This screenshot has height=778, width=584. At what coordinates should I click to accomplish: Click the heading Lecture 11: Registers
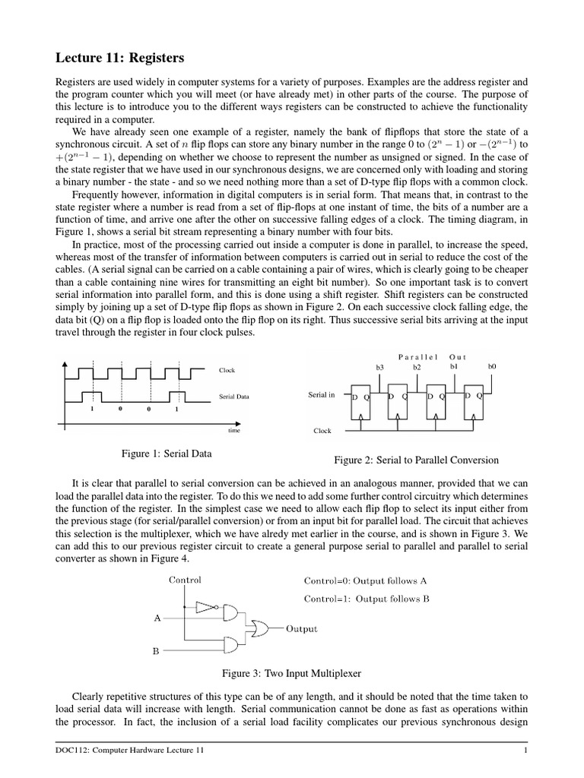(x=120, y=58)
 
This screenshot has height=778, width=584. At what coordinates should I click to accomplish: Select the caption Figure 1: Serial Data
(x=167, y=454)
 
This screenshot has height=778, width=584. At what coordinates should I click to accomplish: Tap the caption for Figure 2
(x=417, y=460)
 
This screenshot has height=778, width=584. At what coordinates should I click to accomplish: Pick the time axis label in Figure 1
(x=234, y=430)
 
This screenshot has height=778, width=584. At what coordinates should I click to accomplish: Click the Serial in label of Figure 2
(x=321, y=395)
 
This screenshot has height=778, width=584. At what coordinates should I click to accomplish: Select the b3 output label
(x=380, y=367)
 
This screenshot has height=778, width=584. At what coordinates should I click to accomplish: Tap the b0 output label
(x=491, y=366)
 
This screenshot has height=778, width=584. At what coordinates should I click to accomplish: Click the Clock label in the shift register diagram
(x=322, y=431)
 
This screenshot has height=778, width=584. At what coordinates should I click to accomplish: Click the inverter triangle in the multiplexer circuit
(x=205, y=607)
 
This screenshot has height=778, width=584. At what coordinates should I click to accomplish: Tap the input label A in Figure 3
(x=157, y=618)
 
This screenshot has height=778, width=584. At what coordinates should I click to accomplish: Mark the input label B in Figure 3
(x=157, y=651)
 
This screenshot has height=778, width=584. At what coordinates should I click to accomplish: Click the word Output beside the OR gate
(x=302, y=629)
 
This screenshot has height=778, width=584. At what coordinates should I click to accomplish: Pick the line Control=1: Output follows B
(x=367, y=598)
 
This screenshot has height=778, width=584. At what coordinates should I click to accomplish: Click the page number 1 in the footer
(x=525, y=751)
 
